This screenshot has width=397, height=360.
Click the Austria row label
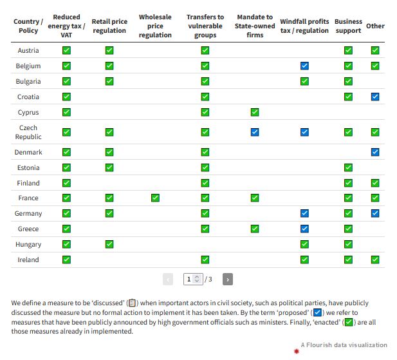pyautogui.click(x=28, y=50)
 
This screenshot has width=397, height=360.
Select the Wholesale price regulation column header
pyautogui.click(x=155, y=26)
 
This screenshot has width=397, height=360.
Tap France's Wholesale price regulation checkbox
pyautogui.click(x=155, y=198)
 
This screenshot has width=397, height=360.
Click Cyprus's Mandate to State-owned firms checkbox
pyautogui.click(x=255, y=112)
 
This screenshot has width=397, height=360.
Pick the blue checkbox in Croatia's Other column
pyautogui.click(x=375, y=97)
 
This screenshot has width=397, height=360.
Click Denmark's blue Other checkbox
pyautogui.click(x=375, y=152)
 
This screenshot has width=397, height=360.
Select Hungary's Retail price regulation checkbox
pyautogui.click(x=109, y=244)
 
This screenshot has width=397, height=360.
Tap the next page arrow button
pyautogui.click(x=227, y=279)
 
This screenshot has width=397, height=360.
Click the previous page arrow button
pyautogui.click(x=168, y=279)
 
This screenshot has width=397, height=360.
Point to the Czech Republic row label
pyautogui.click(x=28, y=132)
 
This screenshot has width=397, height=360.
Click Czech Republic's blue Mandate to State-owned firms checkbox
pyautogui.click(x=255, y=132)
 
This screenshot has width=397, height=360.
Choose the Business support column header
pyautogui.click(x=348, y=26)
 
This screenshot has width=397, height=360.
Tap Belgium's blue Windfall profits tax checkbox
pyautogui.click(x=304, y=66)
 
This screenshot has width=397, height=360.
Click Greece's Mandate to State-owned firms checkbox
pyautogui.click(x=255, y=229)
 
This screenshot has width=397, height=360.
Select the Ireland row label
pyautogui.click(x=28, y=260)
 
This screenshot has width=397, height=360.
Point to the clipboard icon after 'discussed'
pyautogui.click(x=132, y=303)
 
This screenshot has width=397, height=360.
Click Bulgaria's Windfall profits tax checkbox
pyautogui.click(x=304, y=81)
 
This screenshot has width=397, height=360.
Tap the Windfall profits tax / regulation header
pyautogui.click(x=304, y=26)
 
